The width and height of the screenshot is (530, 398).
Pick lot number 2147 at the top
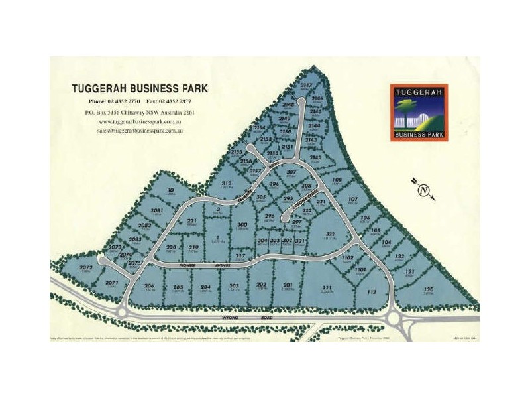point(306,86)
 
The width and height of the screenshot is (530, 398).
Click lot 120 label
point(429,289)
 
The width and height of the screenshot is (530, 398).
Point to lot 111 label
point(326,287)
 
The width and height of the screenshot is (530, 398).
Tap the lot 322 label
point(329,234)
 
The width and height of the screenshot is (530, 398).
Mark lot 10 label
point(171,191)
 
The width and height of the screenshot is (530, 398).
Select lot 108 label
point(337,180)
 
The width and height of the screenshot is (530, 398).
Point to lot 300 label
point(242,226)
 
